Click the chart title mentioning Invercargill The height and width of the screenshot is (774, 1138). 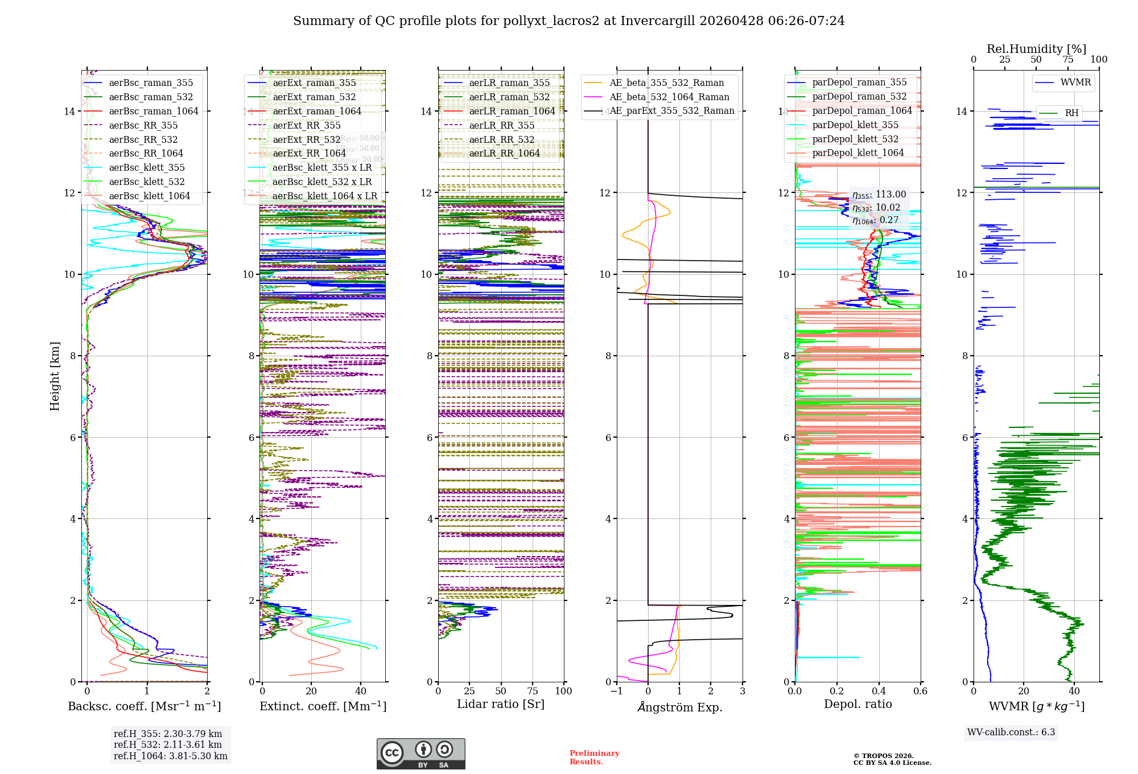pyautogui.click(x=568, y=21)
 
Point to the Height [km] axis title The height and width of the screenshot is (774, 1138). pyautogui.click(x=55, y=376)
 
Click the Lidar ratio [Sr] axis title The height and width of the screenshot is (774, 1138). pyautogui.click(x=501, y=704)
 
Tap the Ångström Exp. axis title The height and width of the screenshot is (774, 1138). pyautogui.click(x=680, y=707)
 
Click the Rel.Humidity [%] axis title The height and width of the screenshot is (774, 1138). pyautogui.click(x=1036, y=49)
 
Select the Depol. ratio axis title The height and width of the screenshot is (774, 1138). pyautogui.click(x=857, y=704)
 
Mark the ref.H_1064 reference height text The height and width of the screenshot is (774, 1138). pyautogui.click(x=171, y=756)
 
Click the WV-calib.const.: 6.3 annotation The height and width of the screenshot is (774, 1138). pyautogui.click(x=1011, y=732)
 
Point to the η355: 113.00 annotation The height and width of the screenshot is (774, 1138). pyautogui.click(x=879, y=195)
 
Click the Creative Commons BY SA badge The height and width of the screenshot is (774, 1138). pyautogui.click(x=420, y=754)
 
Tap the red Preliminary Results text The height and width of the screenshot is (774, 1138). pyautogui.click(x=594, y=757)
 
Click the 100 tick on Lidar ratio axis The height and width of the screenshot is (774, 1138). pyautogui.click(x=563, y=691)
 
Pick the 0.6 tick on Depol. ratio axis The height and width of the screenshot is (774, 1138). pyautogui.click(x=920, y=691)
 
